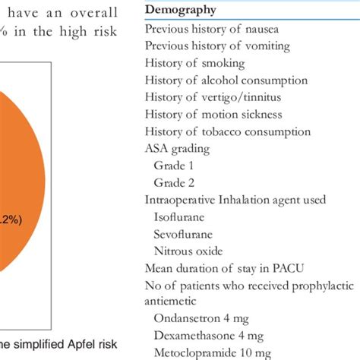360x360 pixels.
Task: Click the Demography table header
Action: tap(180, 10)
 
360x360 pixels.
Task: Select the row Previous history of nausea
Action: tap(212, 29)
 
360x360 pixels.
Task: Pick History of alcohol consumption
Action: tap(226, 81)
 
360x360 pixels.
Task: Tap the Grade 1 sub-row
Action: tap(174, 165)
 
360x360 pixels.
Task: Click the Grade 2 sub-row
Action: tap(174, 182)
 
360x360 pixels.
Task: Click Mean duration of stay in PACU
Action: tap(225, 267)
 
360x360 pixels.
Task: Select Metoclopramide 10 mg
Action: tap(213, 352)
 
